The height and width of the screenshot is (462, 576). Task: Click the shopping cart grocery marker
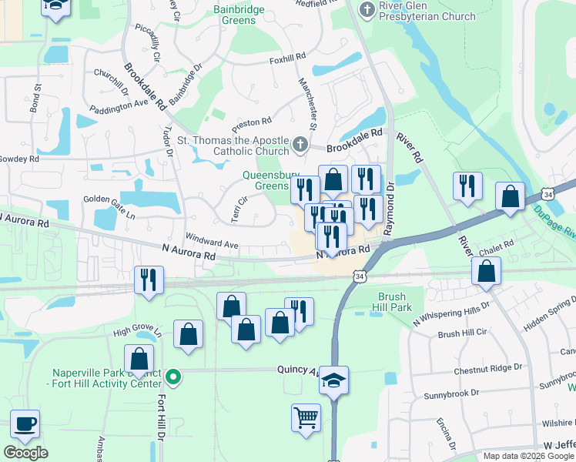click(306, 418)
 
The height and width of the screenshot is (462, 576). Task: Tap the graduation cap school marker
click(333, 380)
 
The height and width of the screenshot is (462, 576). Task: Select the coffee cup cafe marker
click(25, 423)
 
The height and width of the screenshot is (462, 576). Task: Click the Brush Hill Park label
click(397, 302)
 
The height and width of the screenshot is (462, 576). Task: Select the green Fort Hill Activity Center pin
click(174, 377)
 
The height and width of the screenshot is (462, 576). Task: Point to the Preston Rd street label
click(252, 122)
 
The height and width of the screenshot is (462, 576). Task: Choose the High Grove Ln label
click(138, 332)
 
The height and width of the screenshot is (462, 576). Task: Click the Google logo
click(25, 453)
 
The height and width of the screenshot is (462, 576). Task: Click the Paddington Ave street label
click(118, 105)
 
